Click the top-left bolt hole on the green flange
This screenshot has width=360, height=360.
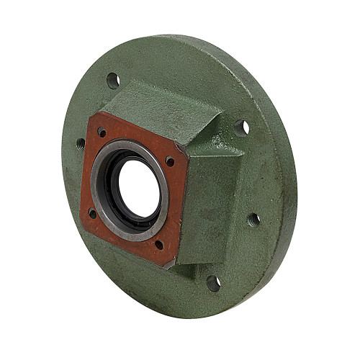coord(113,80)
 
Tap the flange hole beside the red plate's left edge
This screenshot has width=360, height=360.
coord(80,143)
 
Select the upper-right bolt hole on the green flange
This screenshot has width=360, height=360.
coord(242,127)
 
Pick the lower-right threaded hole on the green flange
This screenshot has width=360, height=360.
coord(253,218)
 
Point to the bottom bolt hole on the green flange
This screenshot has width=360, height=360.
coord(214,282)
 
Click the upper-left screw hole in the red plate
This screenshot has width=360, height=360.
coord(102,132)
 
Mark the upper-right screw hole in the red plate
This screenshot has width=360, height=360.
coord(169,161)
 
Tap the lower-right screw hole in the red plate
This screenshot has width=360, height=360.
coord(159,244)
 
